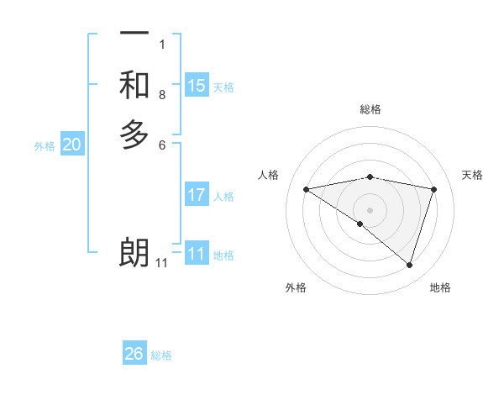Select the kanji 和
134,85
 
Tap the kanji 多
134,134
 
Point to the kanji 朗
134,253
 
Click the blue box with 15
197,86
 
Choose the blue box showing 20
72,145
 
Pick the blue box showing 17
197,195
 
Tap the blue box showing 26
134,354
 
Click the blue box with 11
197,254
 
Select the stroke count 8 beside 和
162,94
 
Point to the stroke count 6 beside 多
162,145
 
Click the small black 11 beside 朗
161,263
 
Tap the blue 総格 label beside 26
161,355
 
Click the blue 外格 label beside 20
45,146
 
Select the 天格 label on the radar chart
473,175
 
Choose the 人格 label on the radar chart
269,175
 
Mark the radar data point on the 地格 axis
409,265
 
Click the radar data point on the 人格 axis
307,189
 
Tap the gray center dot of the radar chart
370,209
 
